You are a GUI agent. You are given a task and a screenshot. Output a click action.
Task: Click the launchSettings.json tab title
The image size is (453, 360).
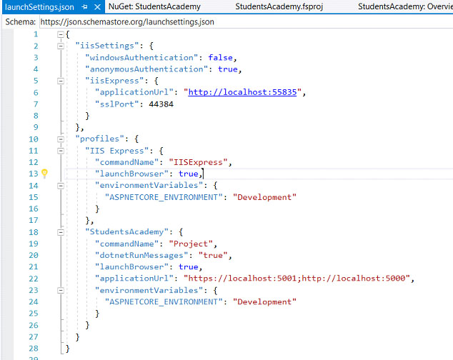click(x=39, y=7)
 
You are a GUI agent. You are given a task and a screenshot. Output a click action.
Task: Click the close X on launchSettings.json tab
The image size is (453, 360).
click(x=98, y=7)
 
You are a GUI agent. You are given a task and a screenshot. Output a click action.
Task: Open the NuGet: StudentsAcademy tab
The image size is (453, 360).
click(x=154, y=6)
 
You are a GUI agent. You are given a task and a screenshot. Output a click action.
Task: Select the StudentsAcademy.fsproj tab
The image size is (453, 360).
click(x=279, y=6)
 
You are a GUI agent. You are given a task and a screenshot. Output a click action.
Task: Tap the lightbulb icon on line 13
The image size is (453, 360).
click(x=44, y=174)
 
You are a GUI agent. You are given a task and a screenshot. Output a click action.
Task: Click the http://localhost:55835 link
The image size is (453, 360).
click(x=242, y=92)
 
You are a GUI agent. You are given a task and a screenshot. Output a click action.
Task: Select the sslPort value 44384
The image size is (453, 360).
click(x=161, y=104)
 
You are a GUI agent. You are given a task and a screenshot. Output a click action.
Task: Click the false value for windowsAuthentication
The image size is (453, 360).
click(x=221, y=57)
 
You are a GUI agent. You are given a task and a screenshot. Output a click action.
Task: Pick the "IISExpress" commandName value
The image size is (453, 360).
click(x=198, y=162)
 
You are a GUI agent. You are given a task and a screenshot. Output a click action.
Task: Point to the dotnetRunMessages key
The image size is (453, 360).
click(x=141, y=255)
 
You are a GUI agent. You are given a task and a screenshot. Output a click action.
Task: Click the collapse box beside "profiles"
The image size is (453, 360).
click(x=61, y=139)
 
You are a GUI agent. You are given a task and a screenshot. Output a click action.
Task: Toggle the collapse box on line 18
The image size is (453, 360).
click(x=61, y=232)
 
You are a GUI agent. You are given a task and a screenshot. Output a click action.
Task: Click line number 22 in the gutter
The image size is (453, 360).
click(x=34, y=279)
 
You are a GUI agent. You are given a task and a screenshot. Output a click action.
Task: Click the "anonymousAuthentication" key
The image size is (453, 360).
click(x=146, y=69)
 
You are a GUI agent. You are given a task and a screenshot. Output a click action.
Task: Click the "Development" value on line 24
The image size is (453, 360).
click(x=264, y=301)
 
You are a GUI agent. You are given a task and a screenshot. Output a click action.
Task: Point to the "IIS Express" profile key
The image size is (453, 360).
click(x=117, y=151)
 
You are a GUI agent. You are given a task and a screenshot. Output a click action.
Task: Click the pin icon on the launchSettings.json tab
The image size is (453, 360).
click(x=84, y=7)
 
